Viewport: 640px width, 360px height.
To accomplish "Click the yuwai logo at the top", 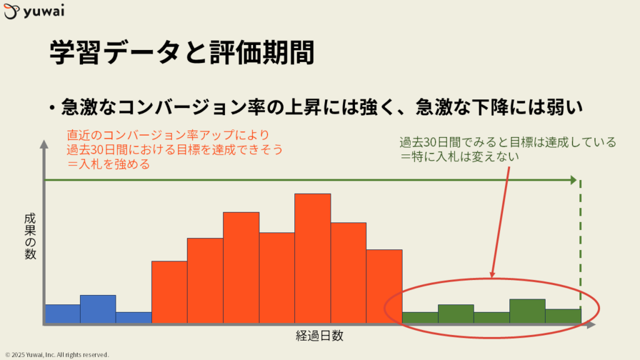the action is (x=34, y=11).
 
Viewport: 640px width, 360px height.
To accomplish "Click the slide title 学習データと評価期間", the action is (x=182, y=52).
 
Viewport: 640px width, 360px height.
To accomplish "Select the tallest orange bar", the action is (x=312, y=258).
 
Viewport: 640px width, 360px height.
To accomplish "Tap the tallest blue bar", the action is (x=98, y=309).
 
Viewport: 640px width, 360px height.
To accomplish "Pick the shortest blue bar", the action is (x=134, y=317).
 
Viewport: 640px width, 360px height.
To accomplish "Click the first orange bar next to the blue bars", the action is (x=169, y=292).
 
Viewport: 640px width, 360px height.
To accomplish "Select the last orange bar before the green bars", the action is (x=384, y=286).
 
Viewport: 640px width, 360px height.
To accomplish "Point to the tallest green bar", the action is (x=527, y=311).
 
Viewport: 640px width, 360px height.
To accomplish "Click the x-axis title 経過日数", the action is (x=319, y=336).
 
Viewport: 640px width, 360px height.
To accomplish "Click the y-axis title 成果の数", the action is (x=30, y=236).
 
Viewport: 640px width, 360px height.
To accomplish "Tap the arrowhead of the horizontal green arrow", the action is (x=574, y=179).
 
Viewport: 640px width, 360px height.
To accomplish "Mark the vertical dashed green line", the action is (x=581, y=251).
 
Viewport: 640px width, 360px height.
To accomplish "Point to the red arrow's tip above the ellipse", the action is (x=492, y=276).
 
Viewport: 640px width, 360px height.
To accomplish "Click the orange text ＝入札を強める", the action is (x=109, y=164).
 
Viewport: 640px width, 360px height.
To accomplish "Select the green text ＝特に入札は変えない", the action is (x=459, y=157).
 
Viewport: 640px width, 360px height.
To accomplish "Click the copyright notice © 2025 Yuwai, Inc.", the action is (x=57, y=355).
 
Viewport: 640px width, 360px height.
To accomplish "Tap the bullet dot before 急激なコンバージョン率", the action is (x=52, y=107).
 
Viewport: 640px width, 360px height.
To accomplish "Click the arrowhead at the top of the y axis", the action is (x=44, y=144).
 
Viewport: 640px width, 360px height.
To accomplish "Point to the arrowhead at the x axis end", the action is (x=591, y=325).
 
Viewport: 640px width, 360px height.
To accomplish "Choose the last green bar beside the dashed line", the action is (x=563, y=316).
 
